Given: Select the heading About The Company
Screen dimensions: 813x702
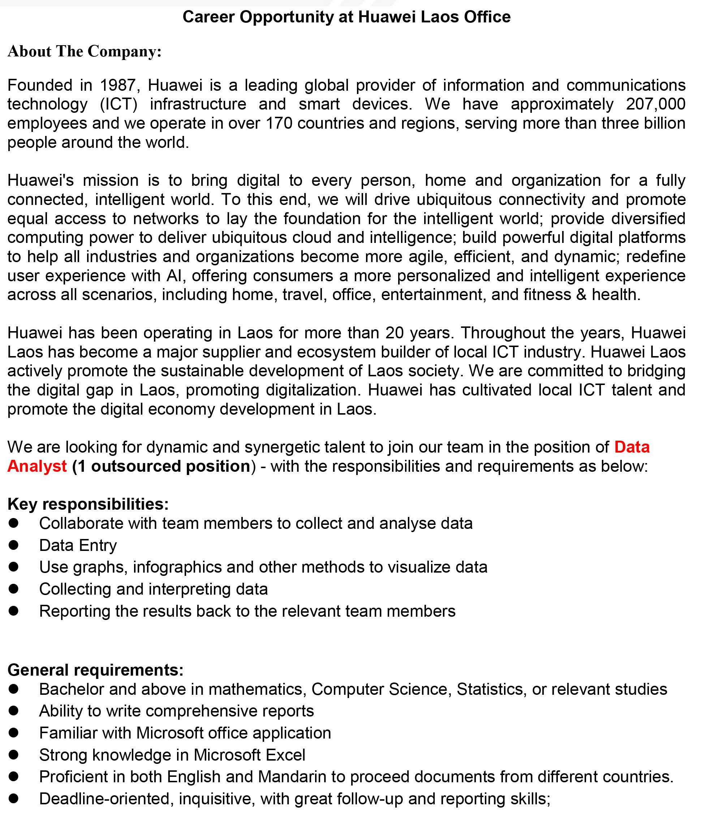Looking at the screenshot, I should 84,51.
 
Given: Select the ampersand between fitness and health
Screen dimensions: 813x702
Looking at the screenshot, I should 581,294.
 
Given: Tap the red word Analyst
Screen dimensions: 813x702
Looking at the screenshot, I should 37,466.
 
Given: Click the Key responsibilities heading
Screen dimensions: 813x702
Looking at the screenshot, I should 88,504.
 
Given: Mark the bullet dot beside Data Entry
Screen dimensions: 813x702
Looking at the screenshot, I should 14,545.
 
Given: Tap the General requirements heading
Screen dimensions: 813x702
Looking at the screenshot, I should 95,670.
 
